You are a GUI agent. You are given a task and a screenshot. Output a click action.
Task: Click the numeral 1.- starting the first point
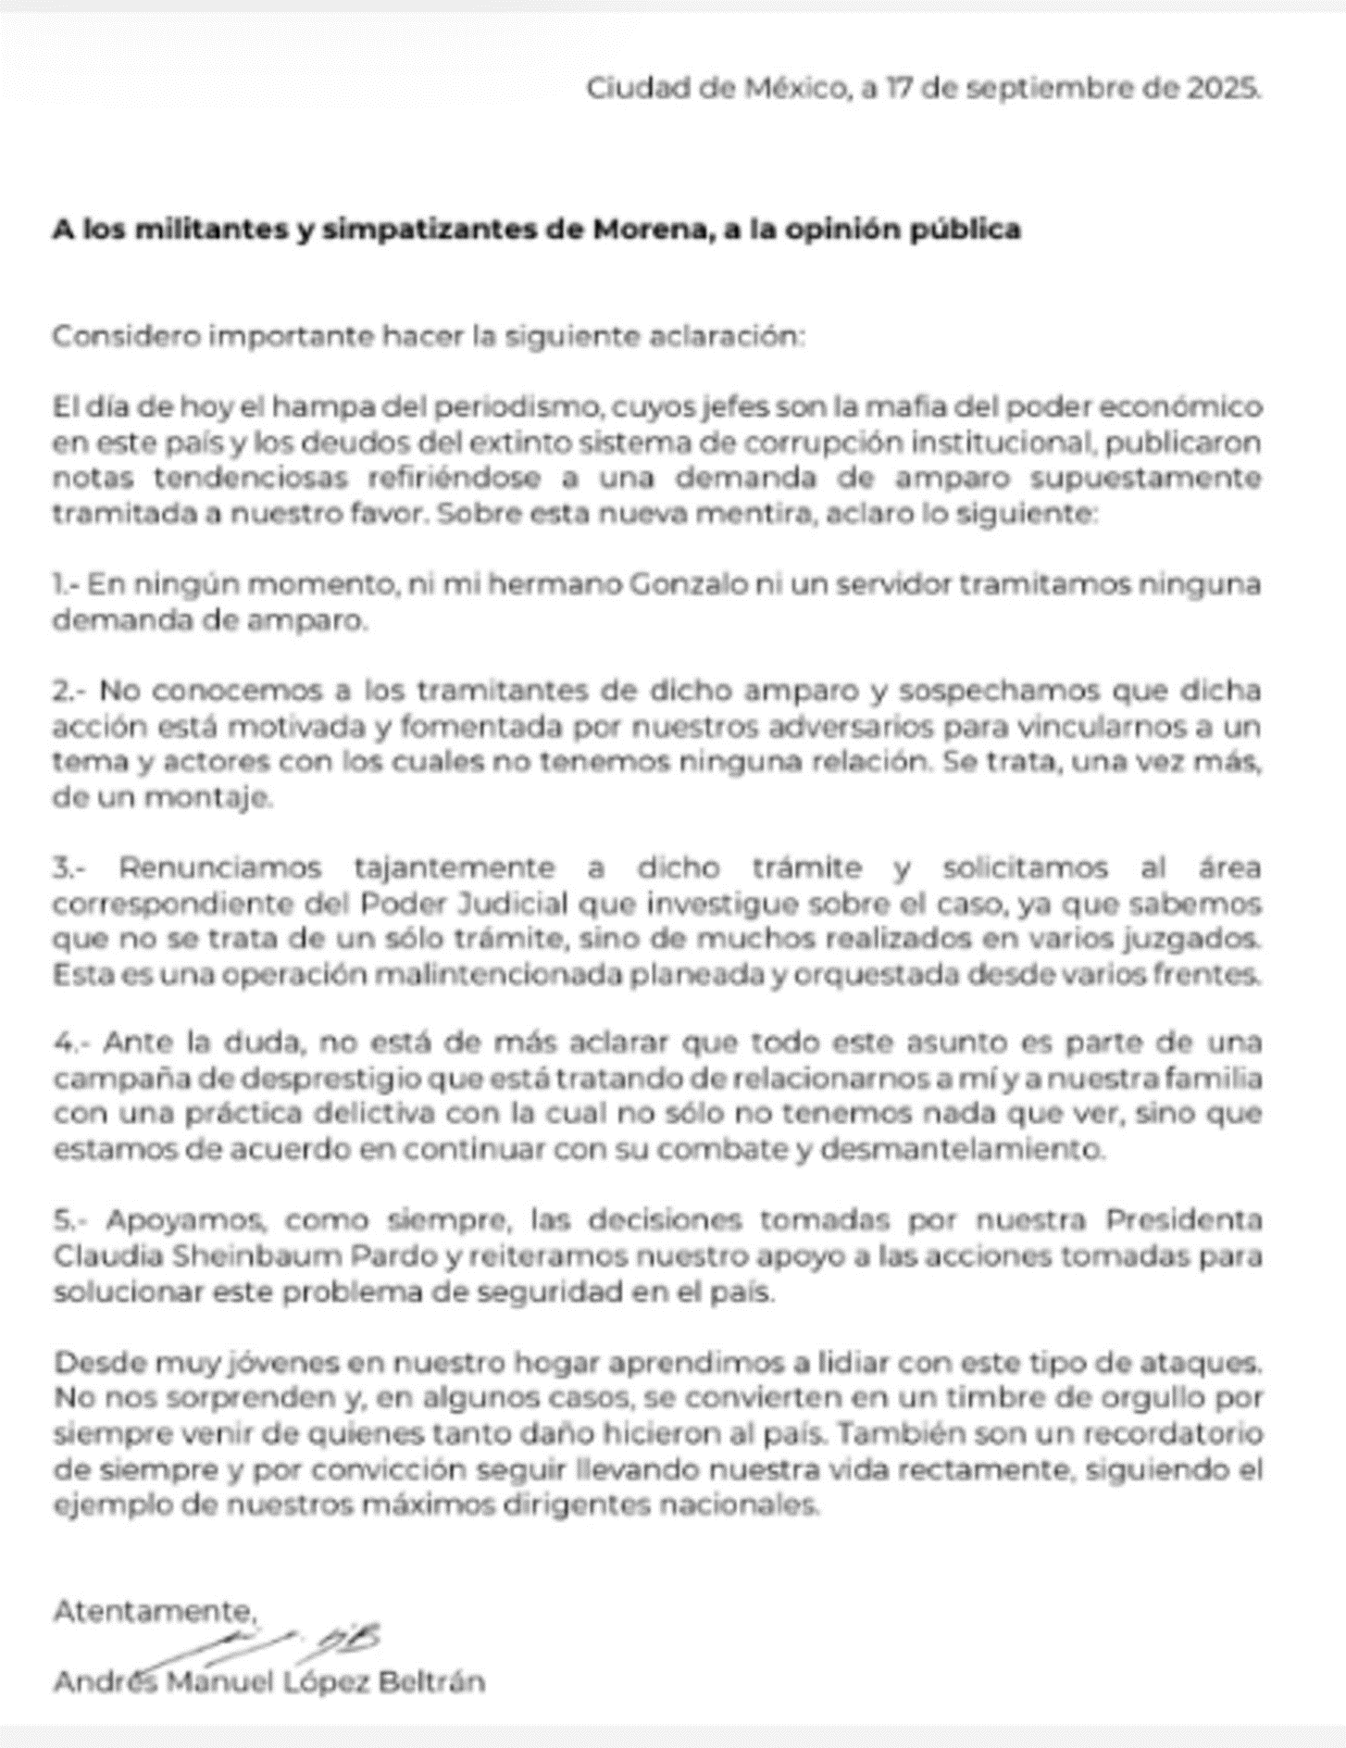point(69,585)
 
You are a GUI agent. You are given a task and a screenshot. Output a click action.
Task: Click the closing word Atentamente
point(154,1611)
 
